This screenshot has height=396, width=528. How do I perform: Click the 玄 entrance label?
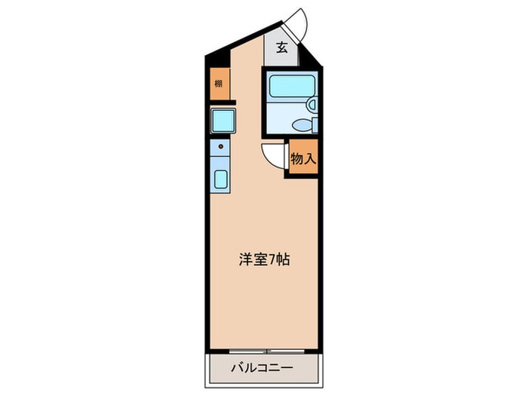click(x=281, y=48)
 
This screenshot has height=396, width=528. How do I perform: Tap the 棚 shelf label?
click(x=218, y=84)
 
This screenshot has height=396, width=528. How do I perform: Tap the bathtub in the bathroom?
click(x=290, y=85)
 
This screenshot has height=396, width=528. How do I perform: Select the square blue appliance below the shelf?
click(x=223, y=121)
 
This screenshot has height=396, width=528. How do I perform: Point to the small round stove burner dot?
click(x=220, y=146)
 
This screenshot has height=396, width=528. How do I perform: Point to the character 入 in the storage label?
click(x=309, y=159)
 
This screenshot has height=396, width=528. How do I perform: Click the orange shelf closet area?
click(x=218, y=84)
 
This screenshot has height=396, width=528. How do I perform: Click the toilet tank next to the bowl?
click(x=315, y=125)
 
